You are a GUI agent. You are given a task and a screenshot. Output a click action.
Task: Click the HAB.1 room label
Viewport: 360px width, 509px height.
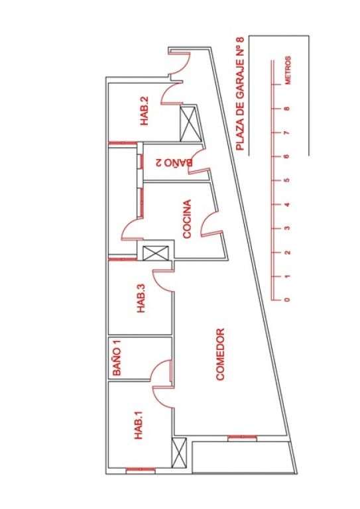click(x=139, y=425)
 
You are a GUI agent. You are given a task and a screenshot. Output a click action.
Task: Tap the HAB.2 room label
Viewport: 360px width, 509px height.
click(x=144, y=111)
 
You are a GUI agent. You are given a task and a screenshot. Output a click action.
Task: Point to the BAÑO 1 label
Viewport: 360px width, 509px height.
click(x=117, y=358)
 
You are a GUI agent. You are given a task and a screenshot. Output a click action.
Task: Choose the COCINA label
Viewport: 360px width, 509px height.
click(x=188, y=219)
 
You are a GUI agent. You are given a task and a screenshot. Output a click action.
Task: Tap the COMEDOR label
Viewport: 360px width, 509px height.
click(x=220, y=355)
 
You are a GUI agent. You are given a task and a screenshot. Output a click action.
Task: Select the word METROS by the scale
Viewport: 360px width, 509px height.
click(x=288, y=70)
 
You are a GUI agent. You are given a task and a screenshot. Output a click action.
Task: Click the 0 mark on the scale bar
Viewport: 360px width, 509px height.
click(x=286, y=300)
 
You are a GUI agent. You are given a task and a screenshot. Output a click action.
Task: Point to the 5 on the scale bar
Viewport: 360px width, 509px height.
click(x=286, y=180)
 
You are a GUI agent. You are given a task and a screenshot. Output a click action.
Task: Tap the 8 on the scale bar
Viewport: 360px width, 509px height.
click(x=286, y=109)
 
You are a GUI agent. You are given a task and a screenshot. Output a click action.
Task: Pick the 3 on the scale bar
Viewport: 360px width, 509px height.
click(x=287, y=228)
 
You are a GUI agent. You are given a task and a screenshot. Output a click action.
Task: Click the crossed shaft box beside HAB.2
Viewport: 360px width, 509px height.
click(x=188, y=124)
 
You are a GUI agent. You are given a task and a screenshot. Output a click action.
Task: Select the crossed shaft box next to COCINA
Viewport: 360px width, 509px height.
click(x=156, y=253)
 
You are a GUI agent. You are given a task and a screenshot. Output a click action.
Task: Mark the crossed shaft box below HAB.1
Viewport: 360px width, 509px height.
click(x=179, y=453)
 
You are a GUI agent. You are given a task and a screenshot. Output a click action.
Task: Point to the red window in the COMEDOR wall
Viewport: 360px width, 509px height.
click(x=242, y=438)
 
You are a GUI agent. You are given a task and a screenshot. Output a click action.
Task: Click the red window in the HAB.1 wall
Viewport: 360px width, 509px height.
click(x=141, y=470)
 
